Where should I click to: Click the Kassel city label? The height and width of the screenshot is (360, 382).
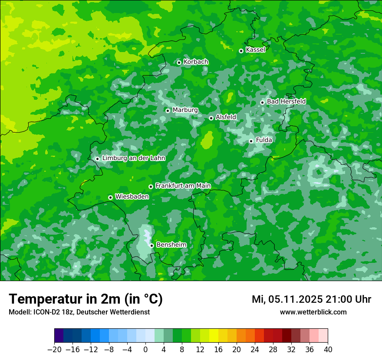pos(255,50)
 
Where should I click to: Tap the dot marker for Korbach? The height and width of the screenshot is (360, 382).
pos(179,62)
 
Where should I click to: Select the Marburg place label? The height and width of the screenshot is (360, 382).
pos(185,110)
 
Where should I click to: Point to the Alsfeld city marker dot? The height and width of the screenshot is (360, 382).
pos(211,118)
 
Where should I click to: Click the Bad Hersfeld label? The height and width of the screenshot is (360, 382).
pos(286,101)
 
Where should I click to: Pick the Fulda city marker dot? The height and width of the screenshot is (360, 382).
pos(251,141)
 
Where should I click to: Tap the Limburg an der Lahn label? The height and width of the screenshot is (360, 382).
pos(134,158)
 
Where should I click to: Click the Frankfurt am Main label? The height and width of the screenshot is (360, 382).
pos(183,186)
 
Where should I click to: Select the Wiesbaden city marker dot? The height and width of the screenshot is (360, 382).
pos(110,197)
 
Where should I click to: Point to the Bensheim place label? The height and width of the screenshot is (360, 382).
pos(171,245)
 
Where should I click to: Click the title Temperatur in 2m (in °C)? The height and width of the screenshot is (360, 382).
pos(86,299)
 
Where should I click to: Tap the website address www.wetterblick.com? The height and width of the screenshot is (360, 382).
pos(313,312)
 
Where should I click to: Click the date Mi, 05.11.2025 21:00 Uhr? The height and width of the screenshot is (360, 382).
pos(311,299)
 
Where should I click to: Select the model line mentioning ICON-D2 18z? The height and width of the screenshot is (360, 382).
pos(79,312)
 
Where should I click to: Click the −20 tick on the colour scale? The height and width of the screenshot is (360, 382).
pos(54,350)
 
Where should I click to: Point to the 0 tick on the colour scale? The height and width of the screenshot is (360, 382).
pos(145,350)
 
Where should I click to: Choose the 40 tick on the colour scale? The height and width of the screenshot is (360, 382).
pos(328,350)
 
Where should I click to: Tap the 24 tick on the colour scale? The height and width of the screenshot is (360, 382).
pos(255,350)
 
